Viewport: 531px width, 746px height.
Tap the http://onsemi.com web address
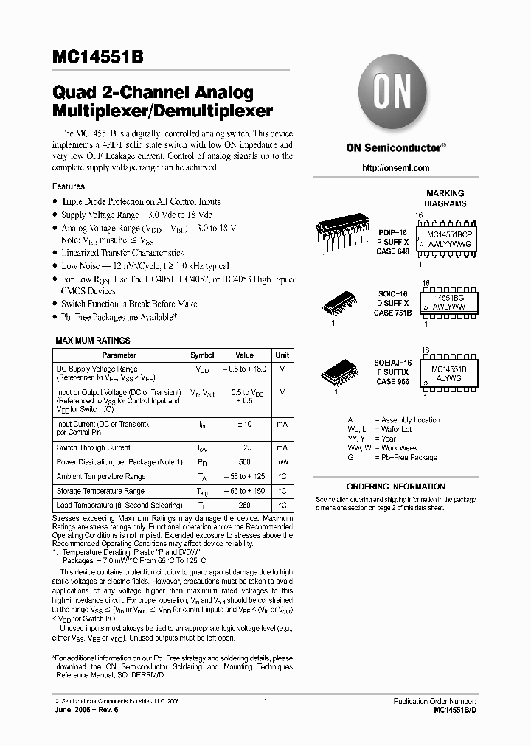[396, 168]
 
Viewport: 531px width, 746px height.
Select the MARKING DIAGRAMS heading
[445, 198]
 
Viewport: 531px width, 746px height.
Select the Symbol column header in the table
[202, 355]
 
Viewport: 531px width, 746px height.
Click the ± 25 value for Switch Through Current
[244, 447]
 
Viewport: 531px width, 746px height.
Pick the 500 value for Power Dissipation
[244, 462]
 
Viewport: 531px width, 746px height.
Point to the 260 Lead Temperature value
[244, 505]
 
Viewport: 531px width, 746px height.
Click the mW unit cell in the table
[282, 462]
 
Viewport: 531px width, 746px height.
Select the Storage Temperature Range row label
[100, 491]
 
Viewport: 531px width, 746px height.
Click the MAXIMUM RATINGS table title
[93, 341]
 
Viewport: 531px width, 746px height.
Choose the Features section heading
[68, 186]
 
